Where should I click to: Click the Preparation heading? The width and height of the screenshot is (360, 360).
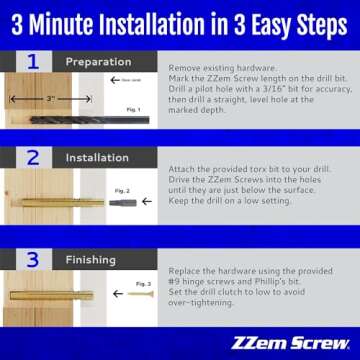tap(98, 62)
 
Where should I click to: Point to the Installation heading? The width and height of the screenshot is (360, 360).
tap(98, 157)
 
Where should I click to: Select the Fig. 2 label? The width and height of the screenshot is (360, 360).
tap(123, 190)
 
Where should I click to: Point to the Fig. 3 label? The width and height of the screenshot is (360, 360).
tap(143, 284)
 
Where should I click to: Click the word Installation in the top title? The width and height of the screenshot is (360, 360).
tap(146, 22)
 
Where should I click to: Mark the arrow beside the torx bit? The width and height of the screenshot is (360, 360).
tap(101, 202)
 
